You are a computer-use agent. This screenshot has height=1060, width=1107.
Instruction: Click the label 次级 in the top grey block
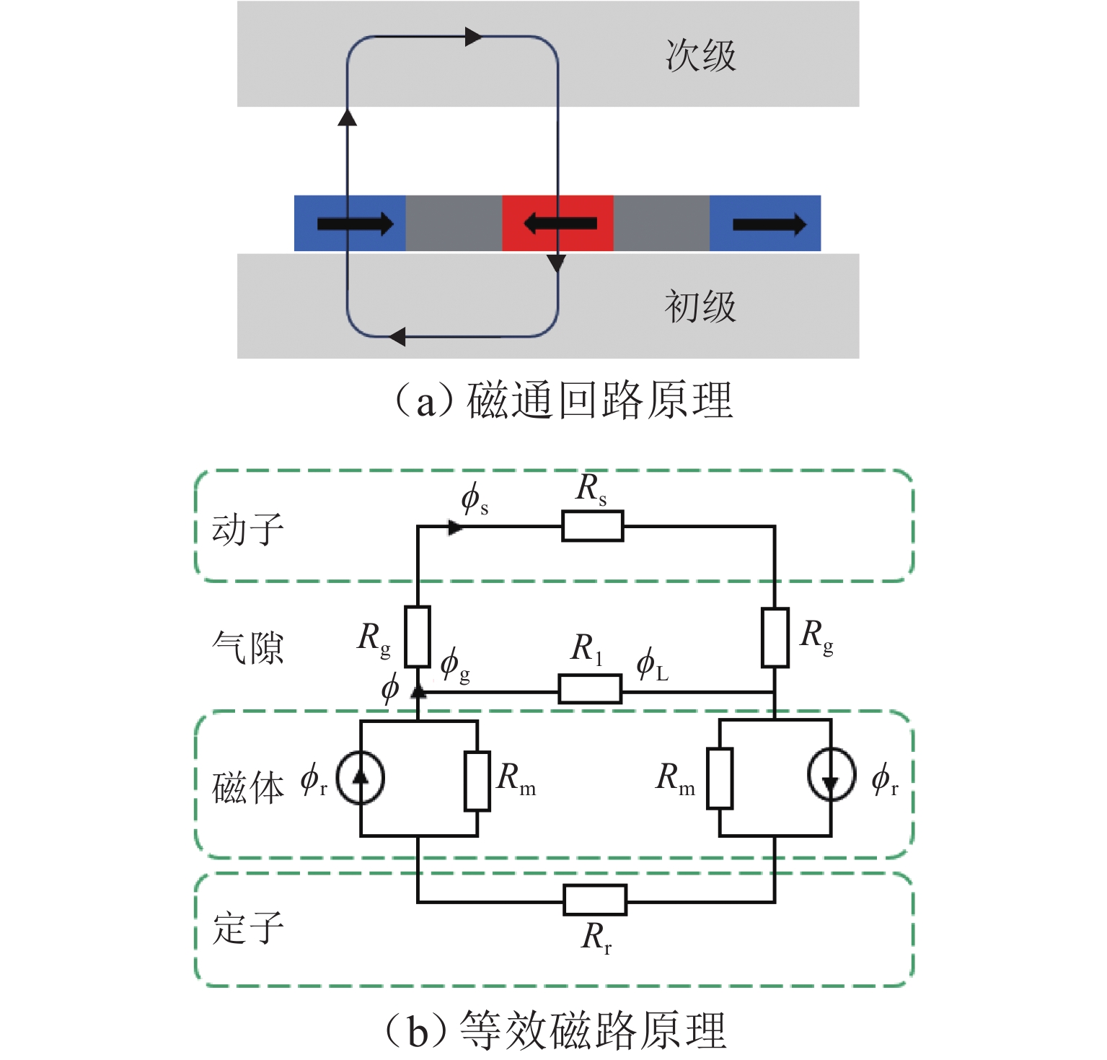coord(700,56)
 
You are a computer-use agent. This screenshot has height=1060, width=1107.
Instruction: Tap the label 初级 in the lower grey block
coord(700,307)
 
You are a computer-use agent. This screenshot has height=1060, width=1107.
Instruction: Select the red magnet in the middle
coord(557,223)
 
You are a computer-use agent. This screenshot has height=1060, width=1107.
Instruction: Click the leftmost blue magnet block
coord(350,223)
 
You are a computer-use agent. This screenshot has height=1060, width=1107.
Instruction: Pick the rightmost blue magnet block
coord(765,223)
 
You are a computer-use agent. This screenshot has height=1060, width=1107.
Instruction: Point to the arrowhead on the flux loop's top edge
coord(473,36)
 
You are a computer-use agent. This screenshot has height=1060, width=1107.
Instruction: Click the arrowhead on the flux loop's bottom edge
coord(397,336)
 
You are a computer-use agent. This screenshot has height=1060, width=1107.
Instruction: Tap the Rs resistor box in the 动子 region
coord(592,526)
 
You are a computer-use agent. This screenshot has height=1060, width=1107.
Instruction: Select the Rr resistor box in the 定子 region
coord(594,900)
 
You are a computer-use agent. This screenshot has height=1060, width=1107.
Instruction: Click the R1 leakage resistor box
coord(590,689)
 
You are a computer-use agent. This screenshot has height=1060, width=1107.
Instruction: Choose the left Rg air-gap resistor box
coord(418,636)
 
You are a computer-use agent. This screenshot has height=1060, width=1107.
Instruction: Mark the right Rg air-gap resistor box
coord(775,638)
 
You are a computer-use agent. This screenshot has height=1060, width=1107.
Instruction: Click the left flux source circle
coord(361,778)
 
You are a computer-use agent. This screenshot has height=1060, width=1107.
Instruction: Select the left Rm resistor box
coord(477,781)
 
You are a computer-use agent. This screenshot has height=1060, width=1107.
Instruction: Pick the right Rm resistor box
coord(720,779)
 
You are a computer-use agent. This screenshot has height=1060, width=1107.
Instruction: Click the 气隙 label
coord(247,647)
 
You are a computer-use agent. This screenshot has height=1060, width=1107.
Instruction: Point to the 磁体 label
coord(247,787)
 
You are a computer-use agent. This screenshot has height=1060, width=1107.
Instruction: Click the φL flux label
coord(652,665)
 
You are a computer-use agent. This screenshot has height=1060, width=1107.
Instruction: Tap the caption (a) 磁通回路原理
coord(563,400)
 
